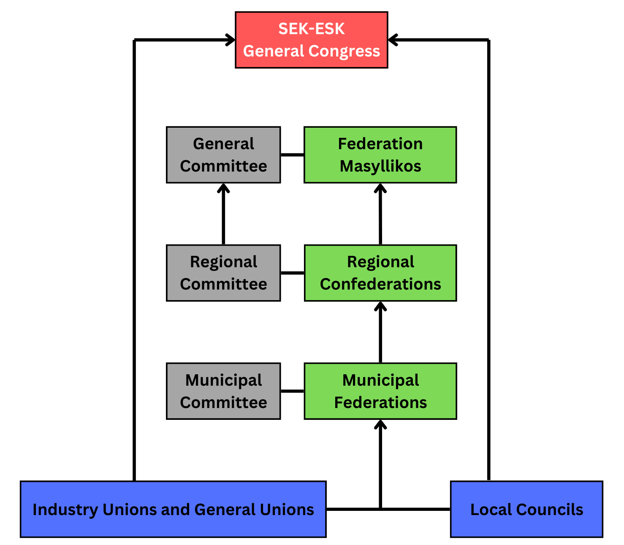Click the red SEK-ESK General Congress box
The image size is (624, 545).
311,40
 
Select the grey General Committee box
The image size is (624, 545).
223,155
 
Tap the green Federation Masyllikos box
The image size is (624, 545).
380,155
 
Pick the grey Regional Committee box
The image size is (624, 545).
223,273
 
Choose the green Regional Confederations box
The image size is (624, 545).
380,273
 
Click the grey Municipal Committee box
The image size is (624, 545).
223,391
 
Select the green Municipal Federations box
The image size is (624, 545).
380,391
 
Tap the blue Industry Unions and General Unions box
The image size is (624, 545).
173,509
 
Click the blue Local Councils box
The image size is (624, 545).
526,509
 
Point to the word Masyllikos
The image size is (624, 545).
380,166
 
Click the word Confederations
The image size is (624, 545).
380,284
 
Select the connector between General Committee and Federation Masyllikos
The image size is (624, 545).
292,155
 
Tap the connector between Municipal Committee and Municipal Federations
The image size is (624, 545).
292,391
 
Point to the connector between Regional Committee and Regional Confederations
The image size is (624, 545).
292,273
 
